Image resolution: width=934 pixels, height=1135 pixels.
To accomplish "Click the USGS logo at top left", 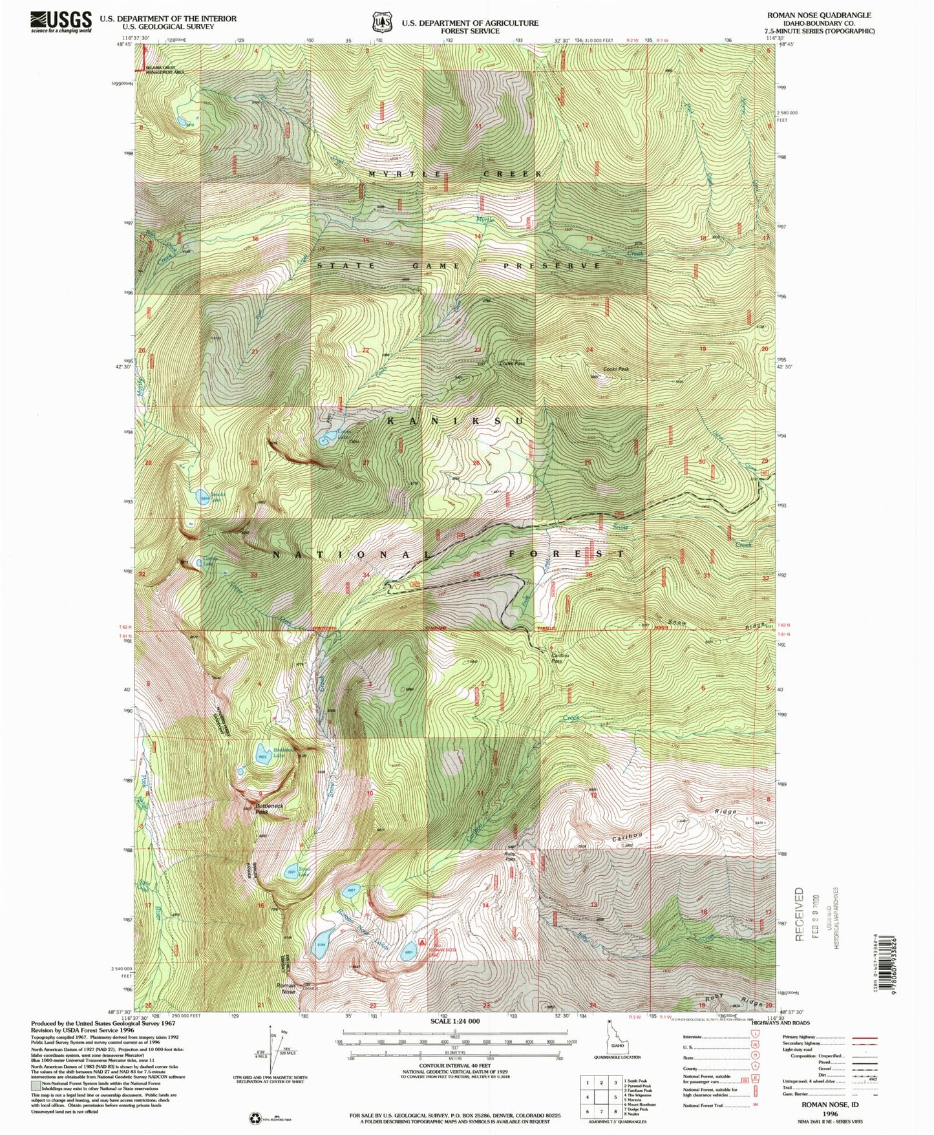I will point(61,22).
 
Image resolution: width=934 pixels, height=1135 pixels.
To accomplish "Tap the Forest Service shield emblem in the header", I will point(381,23).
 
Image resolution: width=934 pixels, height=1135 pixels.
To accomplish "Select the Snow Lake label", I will point(304,871).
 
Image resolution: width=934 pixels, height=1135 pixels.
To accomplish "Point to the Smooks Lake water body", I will point(203,498).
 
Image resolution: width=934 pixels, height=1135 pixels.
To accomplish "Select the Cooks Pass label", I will point(512,363).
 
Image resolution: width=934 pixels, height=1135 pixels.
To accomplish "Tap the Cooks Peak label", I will point(615,369).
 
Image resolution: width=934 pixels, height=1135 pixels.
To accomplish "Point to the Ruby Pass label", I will point(510,856).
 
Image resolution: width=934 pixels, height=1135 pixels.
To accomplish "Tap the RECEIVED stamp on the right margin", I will point(800,914).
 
